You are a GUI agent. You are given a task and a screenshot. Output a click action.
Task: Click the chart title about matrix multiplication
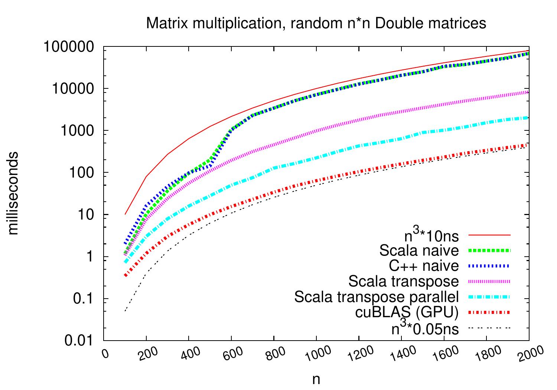coord(316,23)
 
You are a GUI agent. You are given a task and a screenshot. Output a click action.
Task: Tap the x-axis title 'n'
coord(316,380)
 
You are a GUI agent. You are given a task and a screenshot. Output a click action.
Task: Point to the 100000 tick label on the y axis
coord(68,47)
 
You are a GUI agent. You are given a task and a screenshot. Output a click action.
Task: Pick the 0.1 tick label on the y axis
coord(85,299)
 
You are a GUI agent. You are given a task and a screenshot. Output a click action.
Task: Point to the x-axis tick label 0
coord(106,352)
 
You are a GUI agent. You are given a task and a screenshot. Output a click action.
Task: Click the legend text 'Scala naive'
coord(419,251)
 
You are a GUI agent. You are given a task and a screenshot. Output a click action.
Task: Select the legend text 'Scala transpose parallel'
coord(377,297)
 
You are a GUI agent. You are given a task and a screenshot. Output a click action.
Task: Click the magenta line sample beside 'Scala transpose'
coord(490,282)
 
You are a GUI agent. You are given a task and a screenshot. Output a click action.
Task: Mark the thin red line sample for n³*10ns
coord(490,235)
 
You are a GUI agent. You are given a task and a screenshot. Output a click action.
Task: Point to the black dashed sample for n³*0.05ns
coord(490,328)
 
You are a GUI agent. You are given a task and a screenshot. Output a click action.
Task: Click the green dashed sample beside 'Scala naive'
coord(490,251)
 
